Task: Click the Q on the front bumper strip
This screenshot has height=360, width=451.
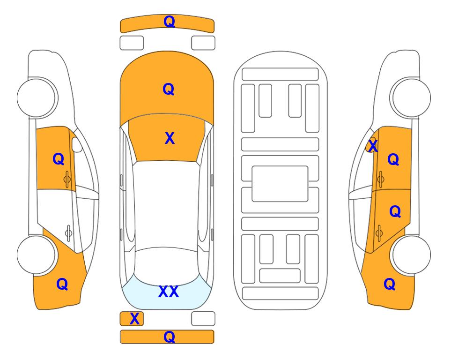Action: (169, 22)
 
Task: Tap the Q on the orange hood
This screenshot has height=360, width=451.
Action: (168, 89)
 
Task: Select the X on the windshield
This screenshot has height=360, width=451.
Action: (170, 138)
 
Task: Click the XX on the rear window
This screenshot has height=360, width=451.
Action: (168, 292)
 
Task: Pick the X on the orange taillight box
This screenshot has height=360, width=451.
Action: (134, 319)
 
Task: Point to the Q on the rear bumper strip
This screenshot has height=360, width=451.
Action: (169, 337)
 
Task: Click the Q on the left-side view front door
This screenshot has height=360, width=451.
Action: (58, 159)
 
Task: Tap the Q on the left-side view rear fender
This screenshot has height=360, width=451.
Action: (62, 284)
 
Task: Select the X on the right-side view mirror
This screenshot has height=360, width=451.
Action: (373, 146)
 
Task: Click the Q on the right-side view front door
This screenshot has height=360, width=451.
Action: (393, 160)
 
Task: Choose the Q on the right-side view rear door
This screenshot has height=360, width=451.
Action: (395, 212)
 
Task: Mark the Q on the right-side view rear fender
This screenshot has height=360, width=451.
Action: (389, 284)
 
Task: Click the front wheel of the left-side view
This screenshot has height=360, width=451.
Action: (37, 97)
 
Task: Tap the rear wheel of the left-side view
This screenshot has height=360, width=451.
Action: (37, 255)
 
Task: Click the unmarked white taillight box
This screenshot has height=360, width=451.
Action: (203, 319)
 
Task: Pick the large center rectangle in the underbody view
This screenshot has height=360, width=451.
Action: (280, 183)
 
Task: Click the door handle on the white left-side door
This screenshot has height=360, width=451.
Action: (68, 232)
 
